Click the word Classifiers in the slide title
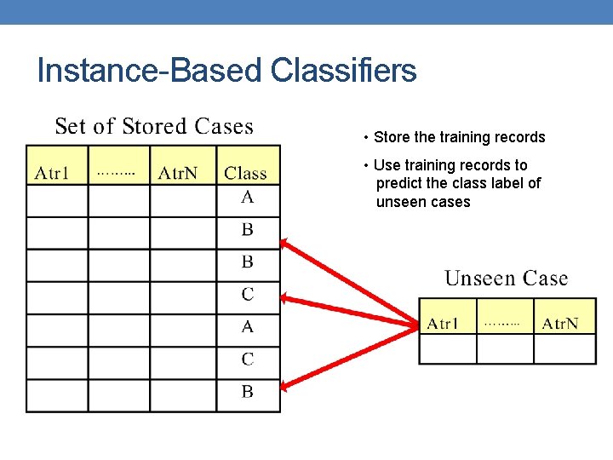(x=343, y=71)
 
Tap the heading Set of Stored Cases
(x=154, y=127)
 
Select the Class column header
(x=245, y=174)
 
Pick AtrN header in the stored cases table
(x=178, y=174)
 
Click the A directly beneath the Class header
(x=247, y=198)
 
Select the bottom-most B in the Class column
(x=247, y=393)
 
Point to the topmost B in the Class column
(x=247, y=230)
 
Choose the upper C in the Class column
(x=247, y=295)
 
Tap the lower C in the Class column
(x=247, y=359)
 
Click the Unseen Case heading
(x=506, y=279)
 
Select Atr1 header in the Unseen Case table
(x=443, y=324)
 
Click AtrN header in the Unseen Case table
(x=560, y=324)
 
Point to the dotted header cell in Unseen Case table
(x=502, y=324)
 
